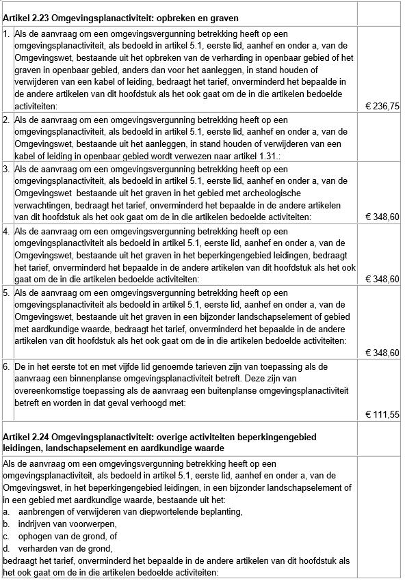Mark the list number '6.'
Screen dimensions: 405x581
(x=7, y=366)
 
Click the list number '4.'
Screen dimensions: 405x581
(x=7, y=231)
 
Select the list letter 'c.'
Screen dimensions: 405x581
(x=6, y=535)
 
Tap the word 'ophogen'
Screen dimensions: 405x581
(x=34, y=535)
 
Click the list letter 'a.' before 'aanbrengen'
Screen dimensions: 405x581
(x=6, y=511)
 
